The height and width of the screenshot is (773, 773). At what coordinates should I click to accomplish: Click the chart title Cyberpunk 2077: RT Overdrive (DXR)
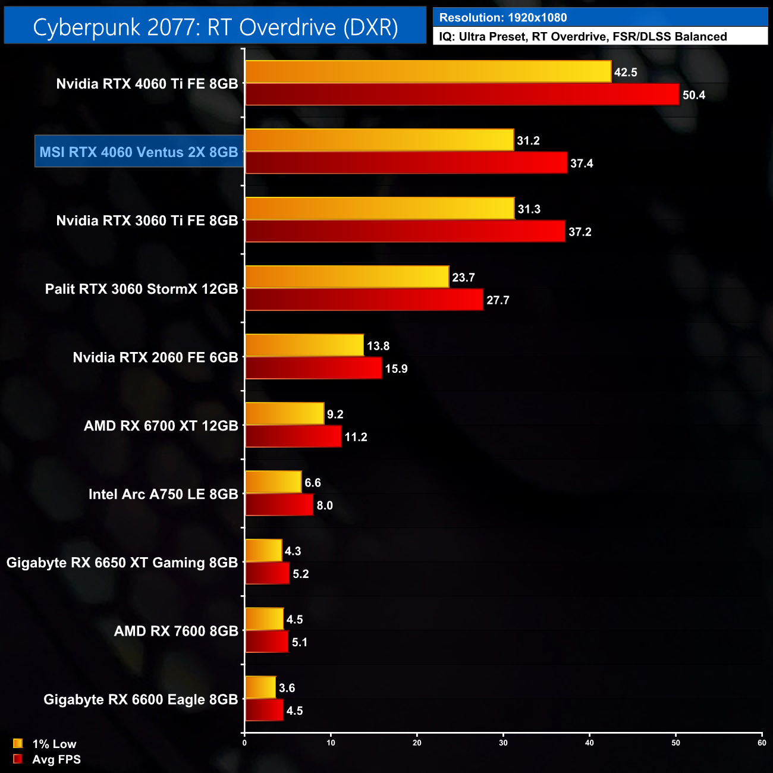tap(215, 27)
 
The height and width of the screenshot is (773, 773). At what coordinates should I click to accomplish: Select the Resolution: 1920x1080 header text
tap(503, 18)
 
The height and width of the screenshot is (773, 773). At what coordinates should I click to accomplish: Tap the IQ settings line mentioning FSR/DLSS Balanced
tap(583, 37)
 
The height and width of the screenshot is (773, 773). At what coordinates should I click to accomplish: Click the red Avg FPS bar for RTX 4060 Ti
tap(462, 95)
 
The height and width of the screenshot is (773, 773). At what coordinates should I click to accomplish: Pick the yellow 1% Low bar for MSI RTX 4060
tap(379, 140)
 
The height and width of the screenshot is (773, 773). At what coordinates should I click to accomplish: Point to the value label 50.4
tap(693, 95)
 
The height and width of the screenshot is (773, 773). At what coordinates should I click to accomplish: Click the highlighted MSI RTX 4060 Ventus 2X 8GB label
tap(139, 152)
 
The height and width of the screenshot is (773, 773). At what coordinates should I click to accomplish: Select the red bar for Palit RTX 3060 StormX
tap(364, 300)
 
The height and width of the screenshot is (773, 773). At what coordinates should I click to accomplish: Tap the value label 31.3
tap(529, 209)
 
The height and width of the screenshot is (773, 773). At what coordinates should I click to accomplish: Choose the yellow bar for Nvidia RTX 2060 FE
tap(304, 345)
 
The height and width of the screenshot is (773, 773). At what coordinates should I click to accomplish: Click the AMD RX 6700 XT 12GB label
tap(161, 426)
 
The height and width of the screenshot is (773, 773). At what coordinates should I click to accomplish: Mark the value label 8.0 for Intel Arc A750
tap(325, 505)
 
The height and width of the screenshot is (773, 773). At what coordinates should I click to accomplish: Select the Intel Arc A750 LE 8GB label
tap(163, 494)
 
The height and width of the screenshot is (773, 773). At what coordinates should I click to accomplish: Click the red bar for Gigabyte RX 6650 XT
tap(267, 574)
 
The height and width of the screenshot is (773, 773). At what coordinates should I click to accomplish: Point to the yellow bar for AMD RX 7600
tap(264, 619)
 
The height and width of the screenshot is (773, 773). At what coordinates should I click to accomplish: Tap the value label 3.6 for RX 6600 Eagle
tap(287, 688)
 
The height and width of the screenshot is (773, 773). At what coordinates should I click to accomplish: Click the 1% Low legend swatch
tap(18, 743)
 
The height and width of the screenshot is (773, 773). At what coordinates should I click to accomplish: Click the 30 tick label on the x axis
tap(503, 743)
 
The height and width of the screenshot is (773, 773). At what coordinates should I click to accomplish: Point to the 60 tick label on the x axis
tap(762, 743)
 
